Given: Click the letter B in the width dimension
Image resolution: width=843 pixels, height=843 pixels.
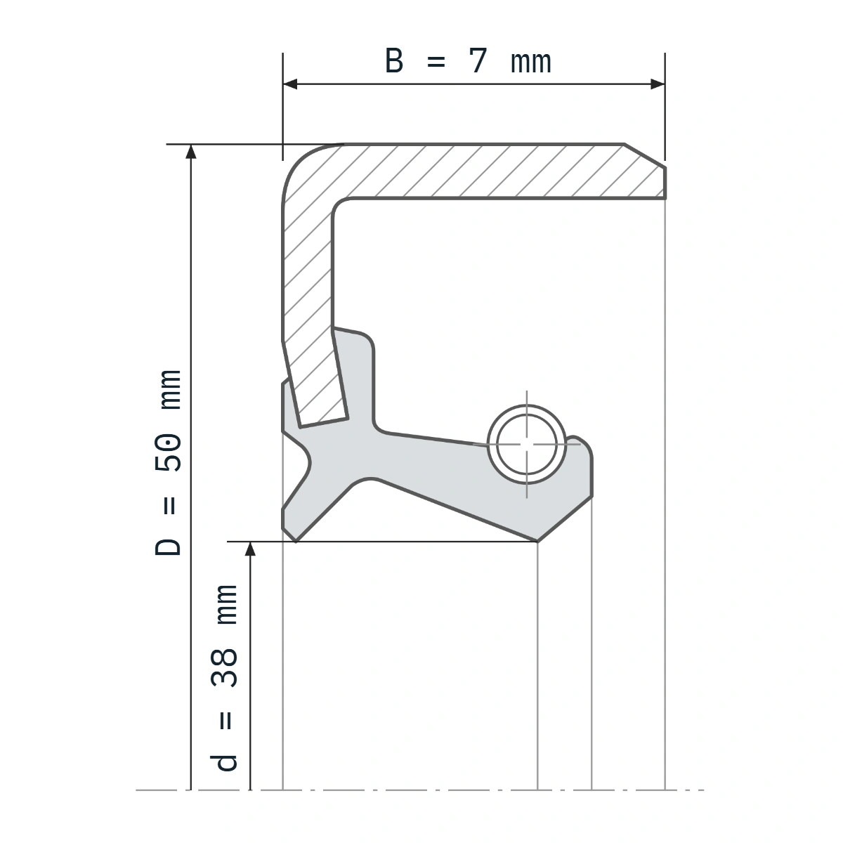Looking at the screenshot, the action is [393, 61].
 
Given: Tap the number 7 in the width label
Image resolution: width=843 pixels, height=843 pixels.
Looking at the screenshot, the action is [478, 61].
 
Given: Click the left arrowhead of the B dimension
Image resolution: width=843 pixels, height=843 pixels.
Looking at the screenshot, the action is [290, 84].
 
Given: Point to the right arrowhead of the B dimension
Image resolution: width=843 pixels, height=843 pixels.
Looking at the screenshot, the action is [658, 84].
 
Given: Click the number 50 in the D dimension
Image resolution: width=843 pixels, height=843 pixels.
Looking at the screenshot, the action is [168, 453].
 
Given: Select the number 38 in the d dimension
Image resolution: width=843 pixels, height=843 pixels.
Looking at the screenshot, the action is [224, 668].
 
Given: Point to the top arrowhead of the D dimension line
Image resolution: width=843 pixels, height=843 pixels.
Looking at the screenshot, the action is [191, 151].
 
